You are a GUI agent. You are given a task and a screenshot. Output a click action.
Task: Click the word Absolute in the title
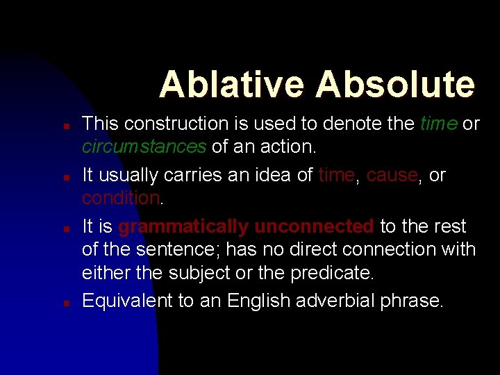(394, 85)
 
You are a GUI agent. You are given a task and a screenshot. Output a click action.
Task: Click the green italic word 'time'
(439, 124)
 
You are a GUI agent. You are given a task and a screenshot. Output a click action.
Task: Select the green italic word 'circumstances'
(144, 147)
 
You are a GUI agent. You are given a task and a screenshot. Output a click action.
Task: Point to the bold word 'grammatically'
(183, 227)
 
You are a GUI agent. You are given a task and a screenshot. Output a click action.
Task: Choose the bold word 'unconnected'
(315, 227)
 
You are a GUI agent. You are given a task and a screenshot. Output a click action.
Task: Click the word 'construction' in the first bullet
(174, 124)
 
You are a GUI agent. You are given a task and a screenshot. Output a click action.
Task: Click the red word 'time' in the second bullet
(336, 176)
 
